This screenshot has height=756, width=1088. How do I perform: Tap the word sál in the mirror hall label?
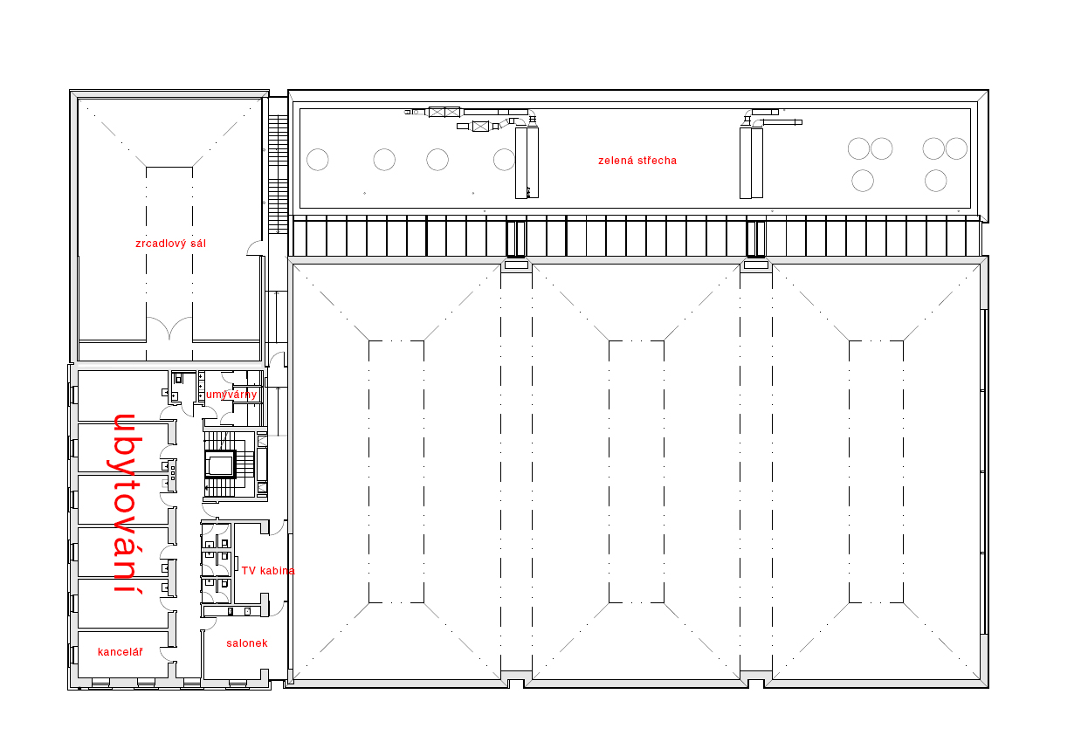pyautogui.click(x=198, y=244)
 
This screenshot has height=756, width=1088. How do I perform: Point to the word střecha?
pyautogui.click(x=655, y=161)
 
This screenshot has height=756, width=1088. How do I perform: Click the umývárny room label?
pyautogui.click(x=231, y=395)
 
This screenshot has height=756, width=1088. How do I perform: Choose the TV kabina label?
pyautogui.click(x=268, y=571)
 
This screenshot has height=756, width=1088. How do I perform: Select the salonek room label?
pyautogui.click(x=247, y=643)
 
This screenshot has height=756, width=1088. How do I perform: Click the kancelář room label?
pyautogui.click(x=120, y=652)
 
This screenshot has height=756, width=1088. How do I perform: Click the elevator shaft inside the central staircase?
pyautogui.click(x=221, y=465)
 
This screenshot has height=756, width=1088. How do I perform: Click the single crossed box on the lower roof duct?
pyautogui.click(x=480, y=127)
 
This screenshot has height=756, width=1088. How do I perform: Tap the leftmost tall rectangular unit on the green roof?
pyautogui.click(x=521, y=162)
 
